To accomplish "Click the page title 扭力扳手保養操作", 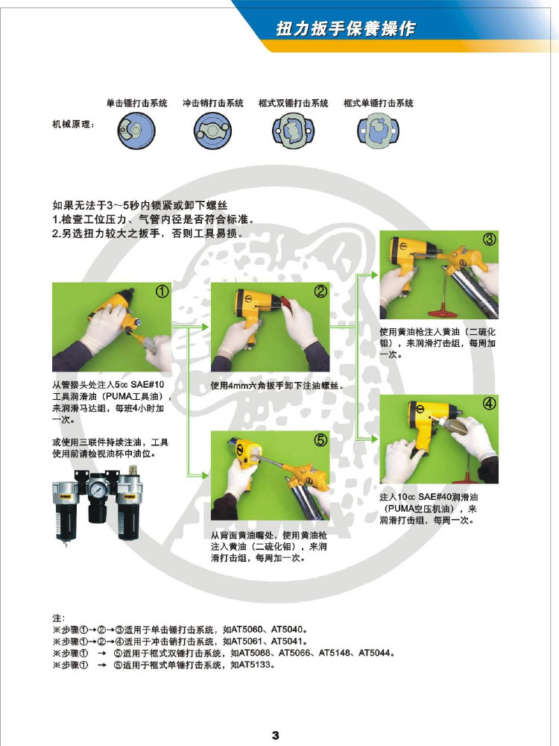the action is tap(346, 28).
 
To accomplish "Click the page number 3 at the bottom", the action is tap(276, 735).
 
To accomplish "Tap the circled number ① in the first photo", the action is tap(162, 291).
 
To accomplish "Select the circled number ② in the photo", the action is tap(320, 291).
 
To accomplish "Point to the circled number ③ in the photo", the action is tap(490, 239).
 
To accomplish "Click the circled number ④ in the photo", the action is tap(489, 404).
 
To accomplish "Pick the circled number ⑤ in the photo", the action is tap(320, 440).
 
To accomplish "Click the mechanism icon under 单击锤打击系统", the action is tap(137, 130).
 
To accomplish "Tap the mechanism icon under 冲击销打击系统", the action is tap(212, 131).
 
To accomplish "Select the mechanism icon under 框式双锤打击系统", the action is tap(293, 131).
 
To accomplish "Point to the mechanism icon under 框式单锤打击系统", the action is tap(378, 131).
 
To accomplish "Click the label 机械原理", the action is tap(73, 124).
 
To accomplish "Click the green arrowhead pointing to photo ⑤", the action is tap(205, 475).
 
